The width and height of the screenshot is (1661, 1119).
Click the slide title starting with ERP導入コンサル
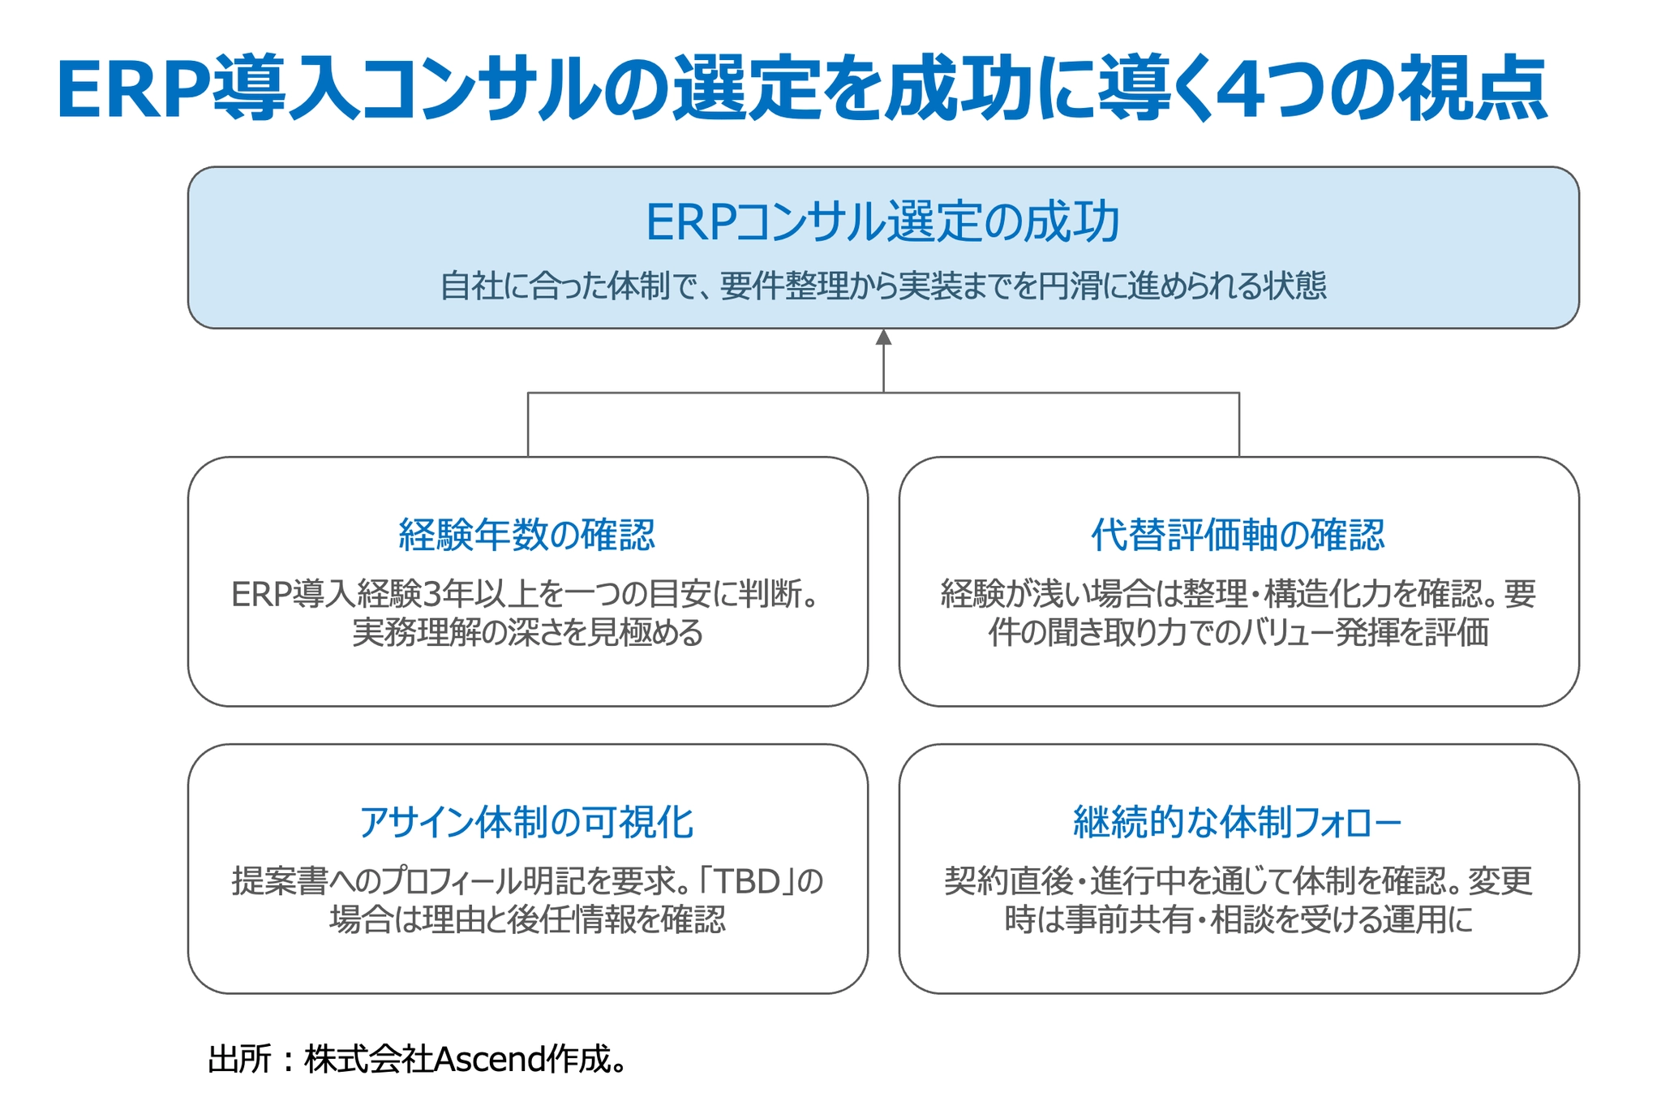coord(802,89)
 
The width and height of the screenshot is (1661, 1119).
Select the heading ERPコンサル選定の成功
coord(882,222)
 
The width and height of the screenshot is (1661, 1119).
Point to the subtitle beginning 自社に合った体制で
coord(883,286)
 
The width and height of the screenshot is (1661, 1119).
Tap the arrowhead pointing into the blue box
coord(883,337)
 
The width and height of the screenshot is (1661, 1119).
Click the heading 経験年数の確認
coord(527,535)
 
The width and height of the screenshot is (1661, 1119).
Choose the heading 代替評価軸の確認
coord(1238,535)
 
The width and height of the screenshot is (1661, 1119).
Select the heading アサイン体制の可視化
coord(527,822)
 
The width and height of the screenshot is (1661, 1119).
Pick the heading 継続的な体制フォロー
coord(1238,822)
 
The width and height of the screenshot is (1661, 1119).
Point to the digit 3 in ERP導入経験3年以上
coord(431,595)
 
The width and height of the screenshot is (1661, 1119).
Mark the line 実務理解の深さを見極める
coord(527,633)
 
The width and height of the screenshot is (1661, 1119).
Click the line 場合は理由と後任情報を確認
coord(527,919)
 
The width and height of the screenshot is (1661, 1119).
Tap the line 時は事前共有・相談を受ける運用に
coord(1238,919)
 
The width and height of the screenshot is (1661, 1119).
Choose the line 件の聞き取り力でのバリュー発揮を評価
coord(1238,633)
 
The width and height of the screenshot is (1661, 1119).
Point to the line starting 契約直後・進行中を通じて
coord(1238,881)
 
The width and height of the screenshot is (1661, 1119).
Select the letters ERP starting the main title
coord(134,90)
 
